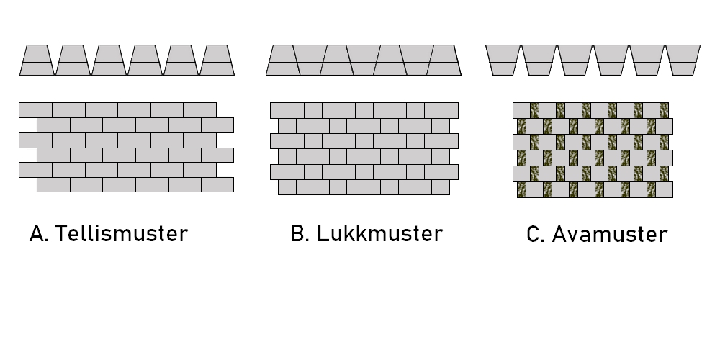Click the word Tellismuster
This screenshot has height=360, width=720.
pos(121,234)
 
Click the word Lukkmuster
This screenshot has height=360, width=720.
pos(379,234)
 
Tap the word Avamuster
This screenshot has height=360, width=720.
pos(610,235)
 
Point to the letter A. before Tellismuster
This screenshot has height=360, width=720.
pos(39,234)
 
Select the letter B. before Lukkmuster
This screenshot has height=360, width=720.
pos(300,234)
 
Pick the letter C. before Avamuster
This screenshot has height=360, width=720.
pos(536,235)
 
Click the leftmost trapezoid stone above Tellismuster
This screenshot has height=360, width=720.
pos(37,60)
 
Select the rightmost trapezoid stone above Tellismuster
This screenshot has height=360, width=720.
pos(217,60)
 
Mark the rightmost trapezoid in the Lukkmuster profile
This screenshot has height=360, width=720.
pos(444,60)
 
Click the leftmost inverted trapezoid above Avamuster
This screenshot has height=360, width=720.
pos(503,60)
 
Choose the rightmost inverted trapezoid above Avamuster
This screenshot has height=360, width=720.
pos(683,60)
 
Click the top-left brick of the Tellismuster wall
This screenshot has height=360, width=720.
pos(35,110)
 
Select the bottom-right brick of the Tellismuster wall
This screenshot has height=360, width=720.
pos(217,185)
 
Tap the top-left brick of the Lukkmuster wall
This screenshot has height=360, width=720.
pos(287,110)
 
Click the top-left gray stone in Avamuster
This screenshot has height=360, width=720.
pos(521,110)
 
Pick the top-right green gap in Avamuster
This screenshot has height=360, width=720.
pos(664,110)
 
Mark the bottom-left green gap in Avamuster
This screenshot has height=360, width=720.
pos(521,190)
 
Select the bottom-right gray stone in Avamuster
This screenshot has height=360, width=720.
pos(664,190)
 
